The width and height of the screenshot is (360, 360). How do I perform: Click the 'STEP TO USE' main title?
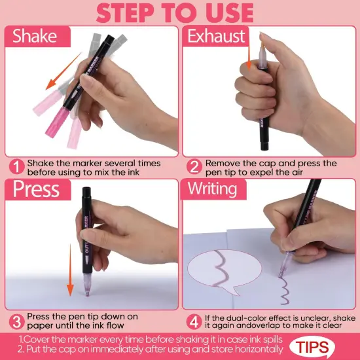pos(179,12)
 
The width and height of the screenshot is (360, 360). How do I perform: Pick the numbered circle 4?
pos(194,321)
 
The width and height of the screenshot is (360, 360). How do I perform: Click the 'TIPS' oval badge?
pos(326,345)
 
